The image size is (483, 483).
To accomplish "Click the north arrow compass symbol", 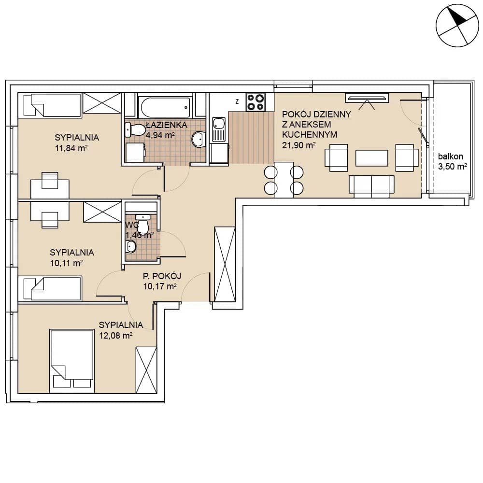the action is (457, 25).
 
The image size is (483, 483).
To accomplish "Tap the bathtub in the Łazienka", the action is (166, 107).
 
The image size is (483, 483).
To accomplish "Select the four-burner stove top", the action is (256, 102).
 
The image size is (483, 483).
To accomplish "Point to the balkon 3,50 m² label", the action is (452, 161).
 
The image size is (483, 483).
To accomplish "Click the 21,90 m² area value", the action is (298, 145).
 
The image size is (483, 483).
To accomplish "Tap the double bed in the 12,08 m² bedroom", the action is (72, 361).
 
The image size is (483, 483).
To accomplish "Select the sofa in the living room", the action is (371, 186).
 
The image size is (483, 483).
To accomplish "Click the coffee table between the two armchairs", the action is (371, 158).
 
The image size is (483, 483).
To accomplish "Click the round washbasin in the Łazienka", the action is (199, 139).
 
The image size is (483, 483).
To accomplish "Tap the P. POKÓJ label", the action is (162, 276).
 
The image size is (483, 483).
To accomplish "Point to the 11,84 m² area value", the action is (71, 148).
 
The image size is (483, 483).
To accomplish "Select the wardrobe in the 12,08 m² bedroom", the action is (146, 370).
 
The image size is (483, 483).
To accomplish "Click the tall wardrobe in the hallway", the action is (225, 264).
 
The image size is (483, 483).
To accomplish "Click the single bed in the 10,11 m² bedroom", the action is (53, 288).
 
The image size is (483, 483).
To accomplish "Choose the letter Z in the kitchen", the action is (237, 101).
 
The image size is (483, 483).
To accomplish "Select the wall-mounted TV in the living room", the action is (367, 98).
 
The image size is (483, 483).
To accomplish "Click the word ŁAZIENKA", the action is (166, 125).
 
